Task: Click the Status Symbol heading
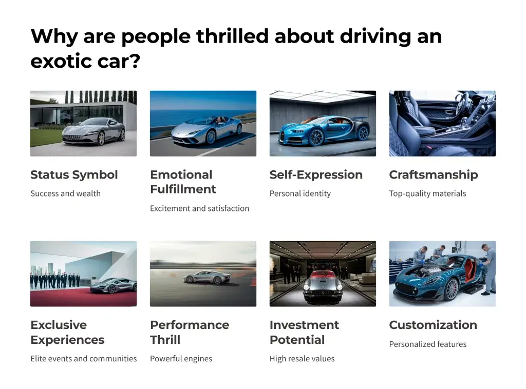[74, 175]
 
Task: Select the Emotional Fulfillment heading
[183, 182]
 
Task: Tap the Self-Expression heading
[316, 175]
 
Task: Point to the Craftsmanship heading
[434, 175]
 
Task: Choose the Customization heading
[433, 325]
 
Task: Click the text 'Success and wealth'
[65, 193]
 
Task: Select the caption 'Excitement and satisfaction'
[200, 208]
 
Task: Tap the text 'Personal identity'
[300, 193]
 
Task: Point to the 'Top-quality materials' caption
[428, 193]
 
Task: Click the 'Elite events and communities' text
[84, 359]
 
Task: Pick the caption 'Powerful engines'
[181, 359]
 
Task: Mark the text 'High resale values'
[302, 359]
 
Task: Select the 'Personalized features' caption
[428, 344]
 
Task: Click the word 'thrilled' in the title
[233, 36]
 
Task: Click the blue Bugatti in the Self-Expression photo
[324, 131]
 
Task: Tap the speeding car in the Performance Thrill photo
[207, 277]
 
